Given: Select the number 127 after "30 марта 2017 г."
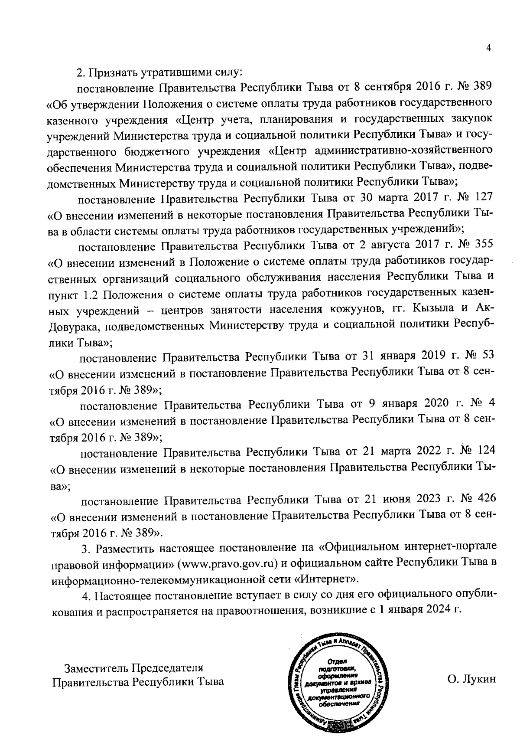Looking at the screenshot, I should [482, 198].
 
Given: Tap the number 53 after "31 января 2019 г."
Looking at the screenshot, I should [487, 356].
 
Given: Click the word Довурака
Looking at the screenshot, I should [72, 325].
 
